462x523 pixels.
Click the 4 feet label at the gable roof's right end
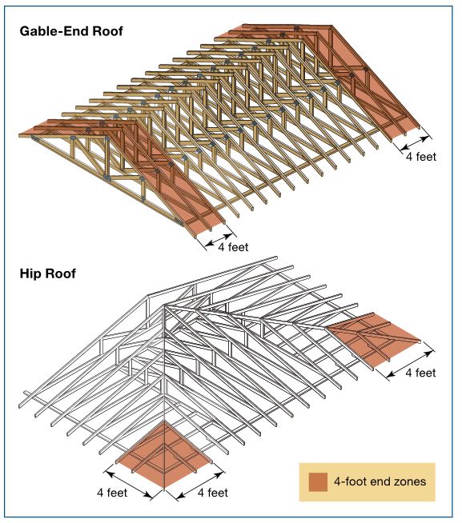[420, 157]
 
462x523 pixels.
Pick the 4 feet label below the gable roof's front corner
[233, 247]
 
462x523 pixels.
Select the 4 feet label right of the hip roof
[420, 372]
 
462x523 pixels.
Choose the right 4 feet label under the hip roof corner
[212, 493]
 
